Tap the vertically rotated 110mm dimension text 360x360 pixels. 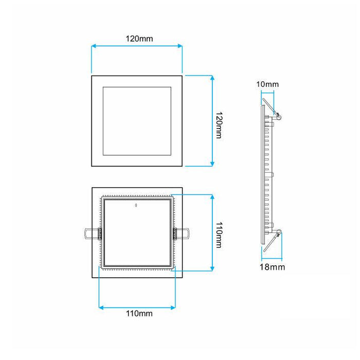pyautogui.click(x=219, y=235)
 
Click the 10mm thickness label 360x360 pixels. pyautogui.click(x=267, y=84)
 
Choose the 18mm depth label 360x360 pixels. pyautogui.click(x=272, y=267)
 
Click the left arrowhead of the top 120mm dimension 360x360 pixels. pyautogui.click(x=94, y=47)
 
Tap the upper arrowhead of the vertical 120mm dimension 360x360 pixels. pyautogui.click(x=212, y=78)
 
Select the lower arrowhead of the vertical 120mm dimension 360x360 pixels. pyautogui.click(x=212, y=163)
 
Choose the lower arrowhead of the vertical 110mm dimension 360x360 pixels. pyautogui.click(x=212, y=267)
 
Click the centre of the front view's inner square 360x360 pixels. pyautogui.click(x=137, y=121)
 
